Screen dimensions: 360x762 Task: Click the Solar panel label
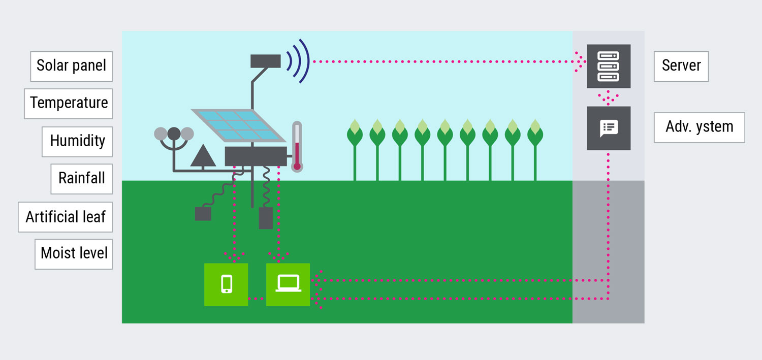click(x=71, y=66)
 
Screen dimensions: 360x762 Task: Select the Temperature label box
click(x=69, y=103)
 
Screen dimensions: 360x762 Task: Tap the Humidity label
click(x=77, y=141)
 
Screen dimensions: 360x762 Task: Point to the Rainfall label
click(x=81, y=178)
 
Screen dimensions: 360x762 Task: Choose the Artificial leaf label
click(x=66, y=217)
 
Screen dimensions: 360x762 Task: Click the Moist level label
click(x=74, y=253)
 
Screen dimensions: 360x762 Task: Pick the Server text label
click(x=681, y=66)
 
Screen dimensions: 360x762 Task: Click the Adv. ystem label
click(x=699, y=127)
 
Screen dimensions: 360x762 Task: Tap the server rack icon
click(x=609, y=66)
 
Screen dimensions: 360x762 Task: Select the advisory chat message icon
click(x=609, y=128)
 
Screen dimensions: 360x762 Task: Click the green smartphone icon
click(x=226, y=284)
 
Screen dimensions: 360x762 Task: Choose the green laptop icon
click(x=288, y=284)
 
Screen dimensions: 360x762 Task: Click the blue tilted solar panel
click(x=238, y=125)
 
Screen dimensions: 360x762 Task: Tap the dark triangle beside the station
click(x=203, y=156)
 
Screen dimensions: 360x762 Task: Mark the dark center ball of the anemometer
click(x=174, y=134)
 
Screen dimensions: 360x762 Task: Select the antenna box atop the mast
click(x=266, y=61)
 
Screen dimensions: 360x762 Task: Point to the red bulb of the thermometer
click(x=297, y=165)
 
